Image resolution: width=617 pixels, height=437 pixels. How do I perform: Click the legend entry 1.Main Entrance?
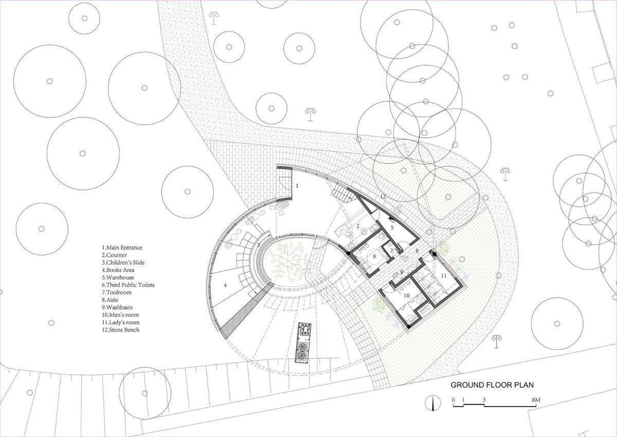point(121,248)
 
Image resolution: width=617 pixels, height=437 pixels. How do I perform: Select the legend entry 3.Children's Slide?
point(123,263)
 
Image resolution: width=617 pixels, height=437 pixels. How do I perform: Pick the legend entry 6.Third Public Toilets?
point(128,285)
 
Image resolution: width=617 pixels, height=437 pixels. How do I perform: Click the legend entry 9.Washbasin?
point(118,307)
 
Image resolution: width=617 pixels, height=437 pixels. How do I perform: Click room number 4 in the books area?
point(225,285)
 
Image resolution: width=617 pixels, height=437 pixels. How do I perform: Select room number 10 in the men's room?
point(406,295)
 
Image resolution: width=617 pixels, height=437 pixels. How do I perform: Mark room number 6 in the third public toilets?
point(374,256)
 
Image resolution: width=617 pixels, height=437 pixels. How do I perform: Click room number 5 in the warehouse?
point(392,227)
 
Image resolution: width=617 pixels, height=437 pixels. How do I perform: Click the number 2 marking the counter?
point(357,226)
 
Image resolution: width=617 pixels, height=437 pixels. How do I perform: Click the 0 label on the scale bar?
point(453,399)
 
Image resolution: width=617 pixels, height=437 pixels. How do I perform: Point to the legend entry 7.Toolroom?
point(117,292)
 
